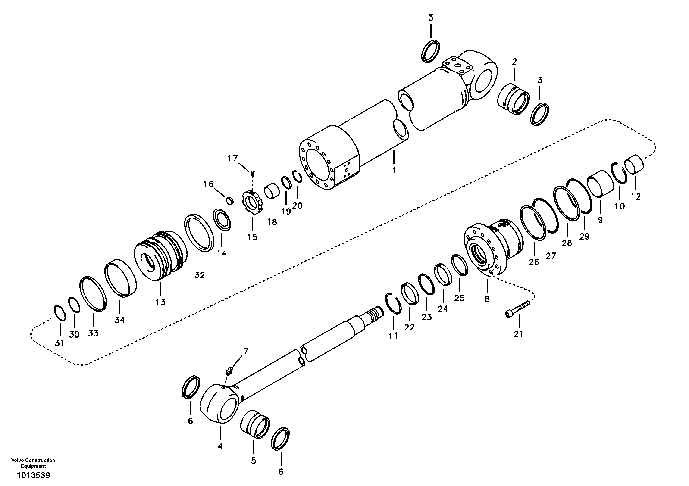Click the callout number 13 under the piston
coord(160,302)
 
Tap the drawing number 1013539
coord(33,476)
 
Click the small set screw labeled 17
coord(253,173)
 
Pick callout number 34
coord(119,320)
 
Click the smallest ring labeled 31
coord(60,313)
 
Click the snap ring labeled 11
coord(393,304)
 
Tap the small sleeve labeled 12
coord(634,164)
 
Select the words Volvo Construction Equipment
coord(33,463)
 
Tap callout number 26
coord(534,262)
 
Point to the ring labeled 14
coord(222,220)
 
